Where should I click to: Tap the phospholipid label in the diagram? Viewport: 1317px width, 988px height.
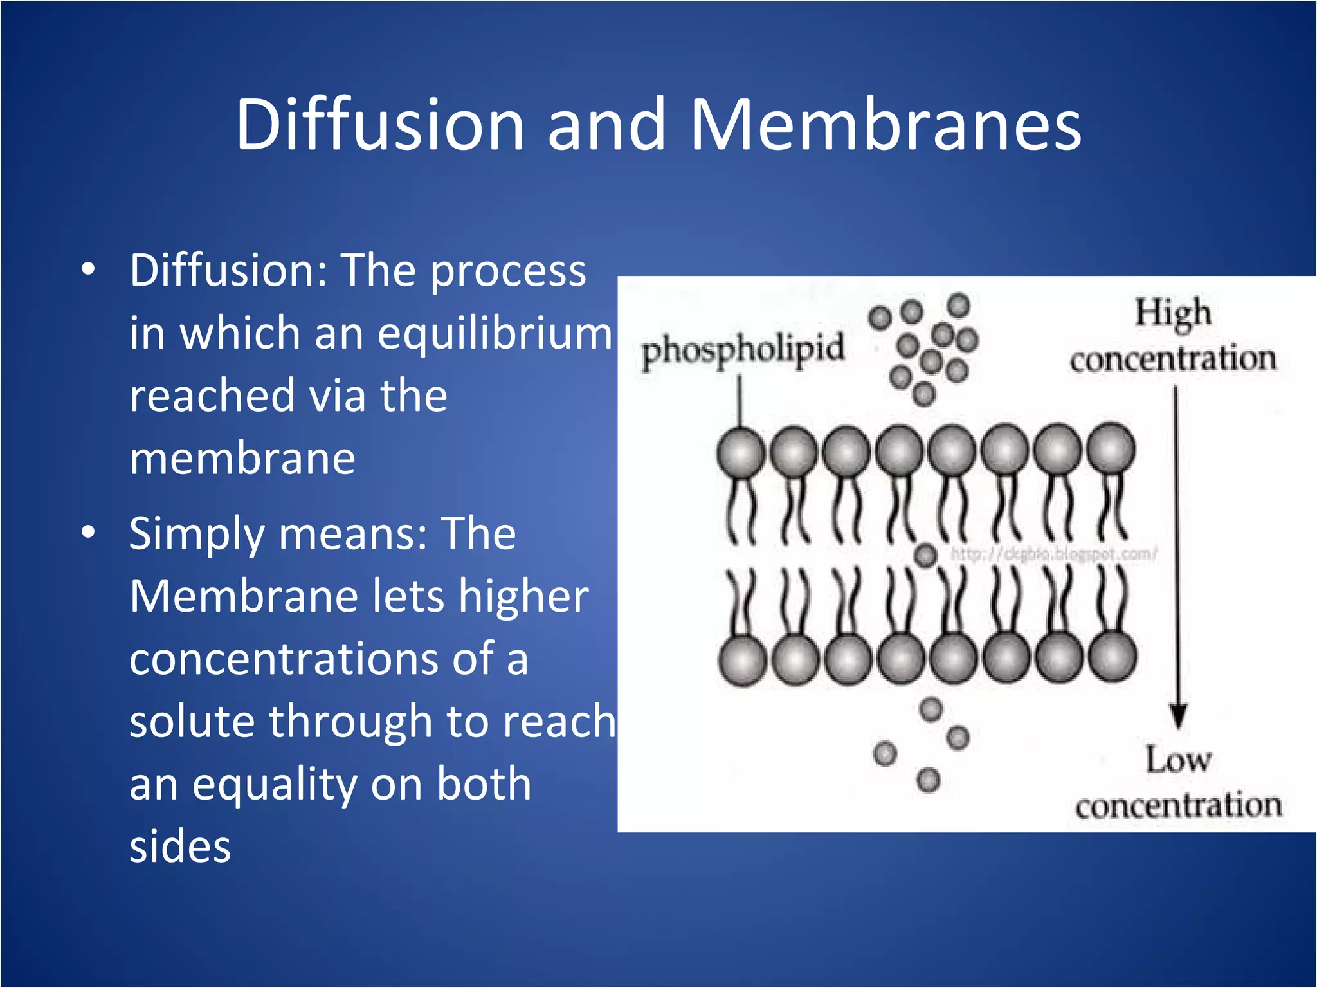pyautogui.click(x=743, y=351)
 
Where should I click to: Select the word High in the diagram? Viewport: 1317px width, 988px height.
pyautogui.click(x=1173, y=314)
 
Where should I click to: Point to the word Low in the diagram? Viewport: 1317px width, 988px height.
pyautogui.click(x=1178, y=760)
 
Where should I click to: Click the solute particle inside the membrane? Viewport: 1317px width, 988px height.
pyautogui.click(x=925, y=555)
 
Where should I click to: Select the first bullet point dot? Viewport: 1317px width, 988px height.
pyautogui.click(x=89, y=270)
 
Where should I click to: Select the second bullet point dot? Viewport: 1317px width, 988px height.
pyautogui.click(x=89, y=533)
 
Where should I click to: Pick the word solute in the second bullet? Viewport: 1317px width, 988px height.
pyautogui.click(x=192, y=721)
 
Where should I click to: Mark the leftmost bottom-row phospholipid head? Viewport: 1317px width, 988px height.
pyautogui.click(x=742, y=661)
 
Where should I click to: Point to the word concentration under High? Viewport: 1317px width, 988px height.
pyautogui.click(x=1173, y=359)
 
